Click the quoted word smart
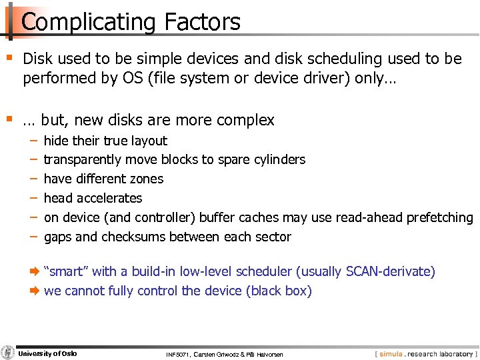66,271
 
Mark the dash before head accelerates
33,198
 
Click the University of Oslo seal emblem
8,353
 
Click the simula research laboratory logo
425,353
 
